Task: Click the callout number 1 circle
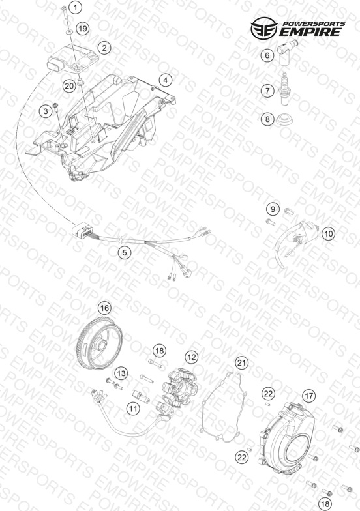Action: point(76,7)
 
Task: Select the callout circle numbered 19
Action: point(83,29)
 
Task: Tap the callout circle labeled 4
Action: point(166,80)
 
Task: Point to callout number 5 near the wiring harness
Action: point(125,252)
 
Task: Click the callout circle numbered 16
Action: point(104,308)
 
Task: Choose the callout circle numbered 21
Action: point(242,362)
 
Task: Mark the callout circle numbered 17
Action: point(309,396)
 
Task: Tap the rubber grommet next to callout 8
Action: point(284,120)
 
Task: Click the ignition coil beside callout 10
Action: point(300,237)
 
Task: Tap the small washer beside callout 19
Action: point(70,32)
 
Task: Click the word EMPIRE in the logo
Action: point(311,32)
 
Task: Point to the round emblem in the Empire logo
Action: point(263,27)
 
